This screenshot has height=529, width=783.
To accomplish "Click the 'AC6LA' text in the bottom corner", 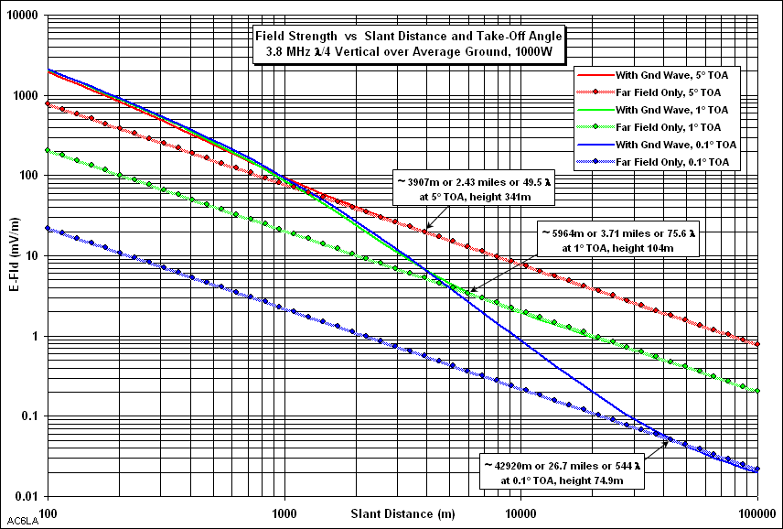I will click(x=18, y=522).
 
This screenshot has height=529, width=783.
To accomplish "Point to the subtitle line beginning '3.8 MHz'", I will click(x=409, y=50).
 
